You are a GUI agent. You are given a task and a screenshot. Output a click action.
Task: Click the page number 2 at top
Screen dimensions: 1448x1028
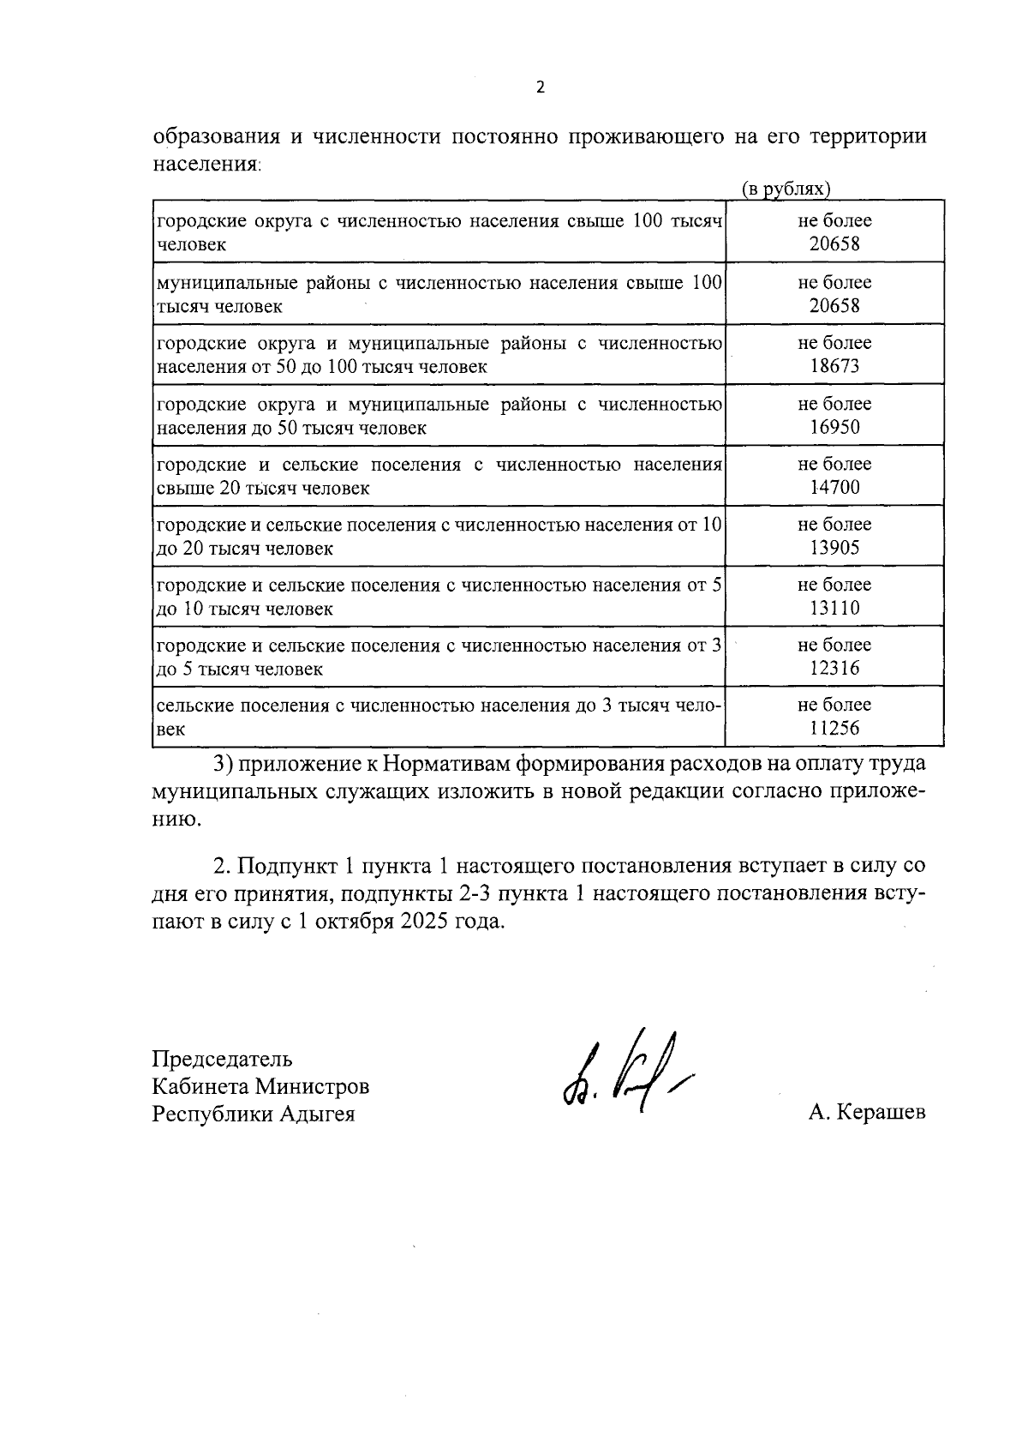pyautogui.click(x=539, y=87)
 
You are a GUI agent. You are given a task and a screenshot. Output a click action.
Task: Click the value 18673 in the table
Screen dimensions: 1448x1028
pyautogui.click(x=834, y=366)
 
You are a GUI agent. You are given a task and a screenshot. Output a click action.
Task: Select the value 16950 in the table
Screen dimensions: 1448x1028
pyautogui.click(x=834, y=427)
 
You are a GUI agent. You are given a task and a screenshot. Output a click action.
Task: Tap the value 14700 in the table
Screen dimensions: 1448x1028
pyautogui.click(x=834, y=487)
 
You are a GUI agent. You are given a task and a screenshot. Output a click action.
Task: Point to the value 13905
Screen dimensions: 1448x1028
pyautogui.click(x=834, y=548)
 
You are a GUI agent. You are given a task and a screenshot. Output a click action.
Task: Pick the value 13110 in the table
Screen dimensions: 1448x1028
pyautogui.click(x=834, y=608)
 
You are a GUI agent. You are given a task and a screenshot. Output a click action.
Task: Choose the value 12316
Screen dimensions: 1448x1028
pyautogui.click(x=834, y=668)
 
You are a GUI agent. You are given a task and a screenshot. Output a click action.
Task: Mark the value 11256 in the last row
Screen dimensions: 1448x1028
pyautogui.click(x=834, y=729)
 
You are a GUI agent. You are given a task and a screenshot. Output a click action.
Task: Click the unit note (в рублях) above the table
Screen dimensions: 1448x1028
pyautogui.click(x=786, y=189)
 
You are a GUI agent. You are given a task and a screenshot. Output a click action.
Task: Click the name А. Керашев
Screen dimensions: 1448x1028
pyautogui.click(x=866, y=1113)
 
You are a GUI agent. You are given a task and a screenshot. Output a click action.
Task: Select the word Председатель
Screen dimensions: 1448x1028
pyautogui.click(x=222, y=1059)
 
